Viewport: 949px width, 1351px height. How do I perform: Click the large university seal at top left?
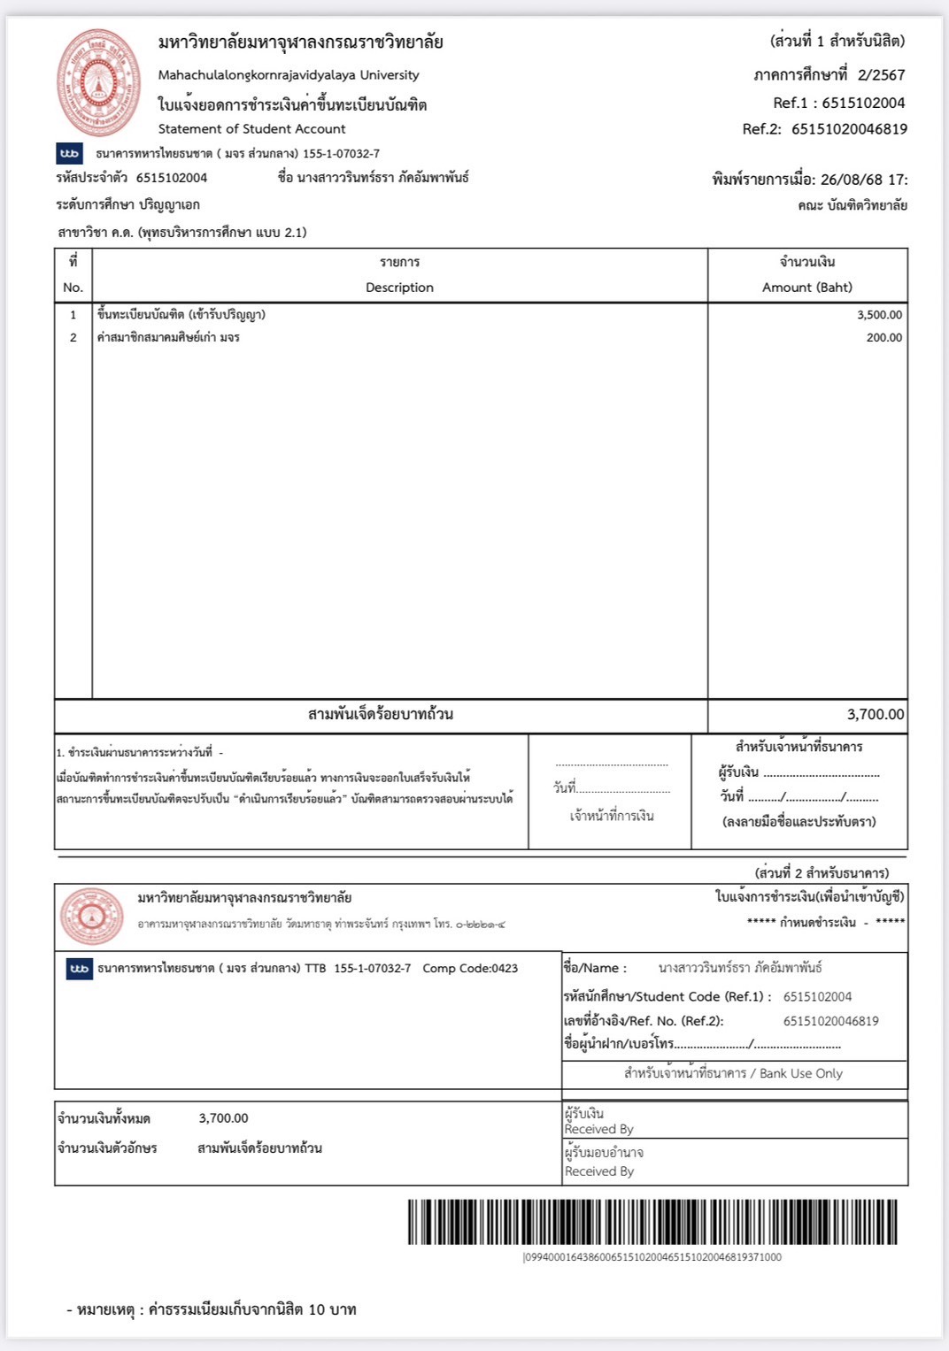point(98,82)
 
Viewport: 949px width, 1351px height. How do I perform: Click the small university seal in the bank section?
point(92,916)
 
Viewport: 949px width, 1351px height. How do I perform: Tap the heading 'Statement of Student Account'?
point(251,129)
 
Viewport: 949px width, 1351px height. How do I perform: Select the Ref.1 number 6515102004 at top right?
point(863,103)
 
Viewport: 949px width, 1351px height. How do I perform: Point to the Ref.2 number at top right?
point(849,129)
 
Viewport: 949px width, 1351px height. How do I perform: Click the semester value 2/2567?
point(881,75)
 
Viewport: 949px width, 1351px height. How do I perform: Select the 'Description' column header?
point(399,288)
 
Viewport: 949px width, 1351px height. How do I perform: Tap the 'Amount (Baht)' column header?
point(806,288)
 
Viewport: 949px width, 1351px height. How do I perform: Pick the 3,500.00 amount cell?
point(879,315)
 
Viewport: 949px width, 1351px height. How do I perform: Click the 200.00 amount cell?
point(883,338)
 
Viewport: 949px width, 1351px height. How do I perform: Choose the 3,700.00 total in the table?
point(875,715)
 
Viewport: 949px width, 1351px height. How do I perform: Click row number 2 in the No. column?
point(73,338)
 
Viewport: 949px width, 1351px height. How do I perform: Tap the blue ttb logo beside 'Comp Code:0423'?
point(80,969)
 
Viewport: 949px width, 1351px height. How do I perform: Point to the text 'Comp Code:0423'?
point(470,969)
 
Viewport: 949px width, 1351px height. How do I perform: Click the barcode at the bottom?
point(652,1222)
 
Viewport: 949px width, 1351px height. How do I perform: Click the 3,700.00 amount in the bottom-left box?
point(223,1118)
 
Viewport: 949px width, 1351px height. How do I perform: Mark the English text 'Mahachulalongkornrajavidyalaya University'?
point(289,75)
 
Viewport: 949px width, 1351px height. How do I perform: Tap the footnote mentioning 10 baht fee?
point(212,1309)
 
